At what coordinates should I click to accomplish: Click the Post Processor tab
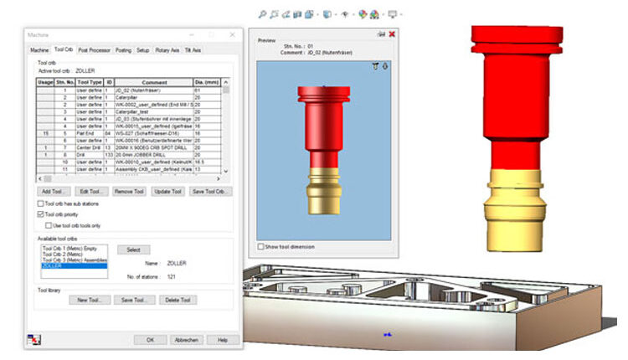click(x=94, y=50)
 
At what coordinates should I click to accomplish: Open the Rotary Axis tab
click(x=167, y=50)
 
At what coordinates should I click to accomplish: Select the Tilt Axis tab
click(x=193, y=50)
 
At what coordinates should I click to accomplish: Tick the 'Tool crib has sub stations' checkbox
click(x=41, y=203)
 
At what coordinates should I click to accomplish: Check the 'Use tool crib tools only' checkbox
click(x=48, y=225)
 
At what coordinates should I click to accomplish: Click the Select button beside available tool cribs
click(x=132, y=249)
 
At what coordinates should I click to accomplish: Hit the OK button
click(x=150, y=340)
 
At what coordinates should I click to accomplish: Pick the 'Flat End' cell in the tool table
click(x=89, y=133)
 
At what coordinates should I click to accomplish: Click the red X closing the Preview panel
click(x=392, y=34)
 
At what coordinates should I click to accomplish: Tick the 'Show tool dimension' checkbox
click(x=260, y=246)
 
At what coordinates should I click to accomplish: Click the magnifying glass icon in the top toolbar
click(x=262, y=14)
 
